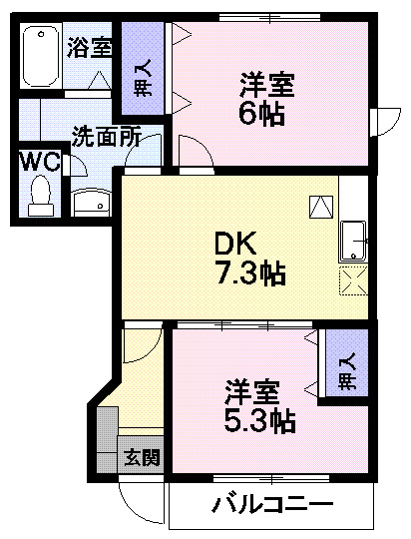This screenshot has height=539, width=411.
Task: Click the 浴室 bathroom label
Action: click(x=90, y=46)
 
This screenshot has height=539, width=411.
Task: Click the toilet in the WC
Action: click(x=41, y=194)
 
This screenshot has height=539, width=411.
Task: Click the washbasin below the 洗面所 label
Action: click(x=94, y=203)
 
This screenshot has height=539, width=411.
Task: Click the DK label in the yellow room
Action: click(x=237, y=243)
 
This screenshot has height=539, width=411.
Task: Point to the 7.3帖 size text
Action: click(x=251, y=272)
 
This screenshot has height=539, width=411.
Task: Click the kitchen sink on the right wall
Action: click(x=354, y=241)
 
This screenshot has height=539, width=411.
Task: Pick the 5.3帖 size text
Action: click(x=257, y=420)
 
